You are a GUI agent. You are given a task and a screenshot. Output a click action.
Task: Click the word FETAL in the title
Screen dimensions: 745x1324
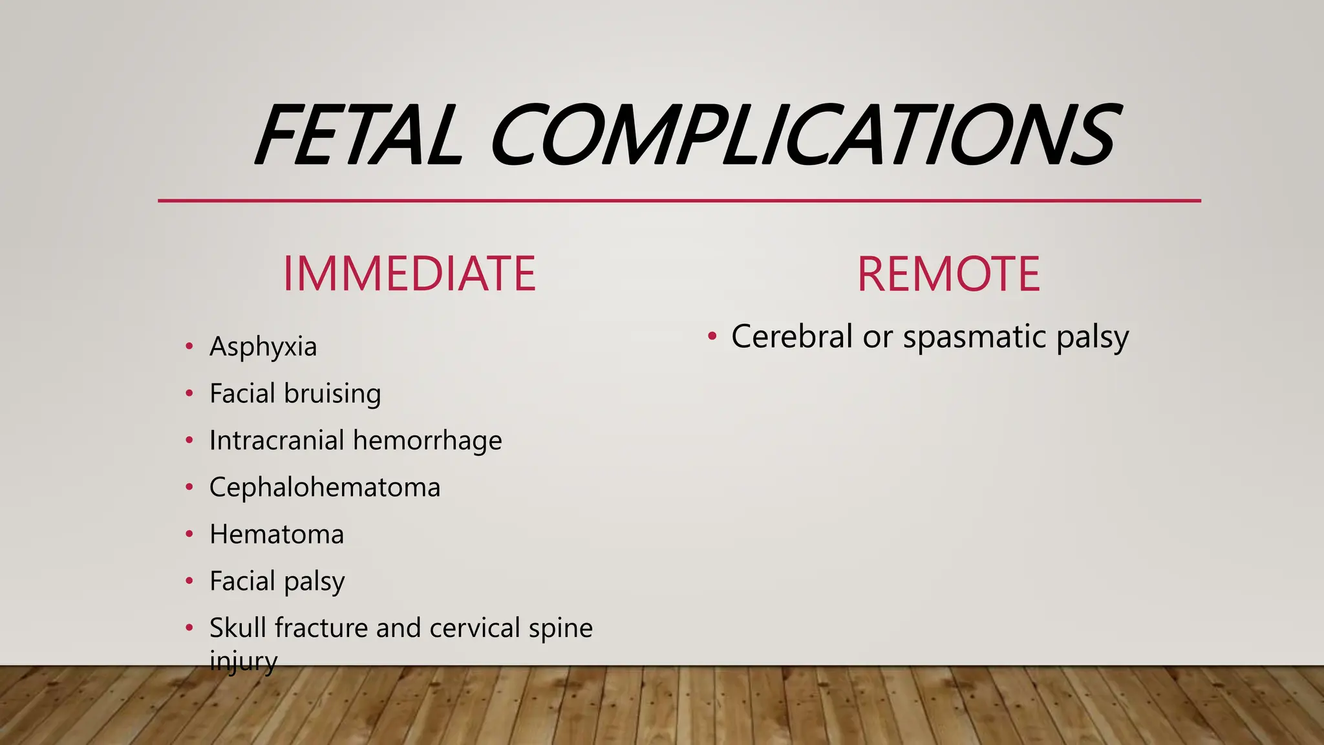tap(359, 135)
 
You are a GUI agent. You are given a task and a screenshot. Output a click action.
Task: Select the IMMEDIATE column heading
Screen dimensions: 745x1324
tap(409, 274)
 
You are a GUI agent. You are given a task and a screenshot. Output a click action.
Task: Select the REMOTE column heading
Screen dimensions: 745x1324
tap(948, 274)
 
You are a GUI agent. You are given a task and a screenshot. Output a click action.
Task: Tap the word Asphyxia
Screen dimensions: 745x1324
tap(263, 347)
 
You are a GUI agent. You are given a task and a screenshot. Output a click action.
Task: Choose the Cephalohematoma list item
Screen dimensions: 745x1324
tap(325, 488)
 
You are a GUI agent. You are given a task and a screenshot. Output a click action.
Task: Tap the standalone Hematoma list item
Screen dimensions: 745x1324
tap(277, 535)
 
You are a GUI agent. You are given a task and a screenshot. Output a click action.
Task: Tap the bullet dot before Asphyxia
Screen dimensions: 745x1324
tap(189, 347)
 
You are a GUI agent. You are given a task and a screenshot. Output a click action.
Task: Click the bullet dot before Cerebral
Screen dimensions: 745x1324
tap(712, 336)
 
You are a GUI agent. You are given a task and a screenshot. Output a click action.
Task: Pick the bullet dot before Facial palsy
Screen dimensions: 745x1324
tap(189, 581)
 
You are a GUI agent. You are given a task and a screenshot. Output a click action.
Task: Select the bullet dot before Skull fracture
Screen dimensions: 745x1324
tap(189, 628)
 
